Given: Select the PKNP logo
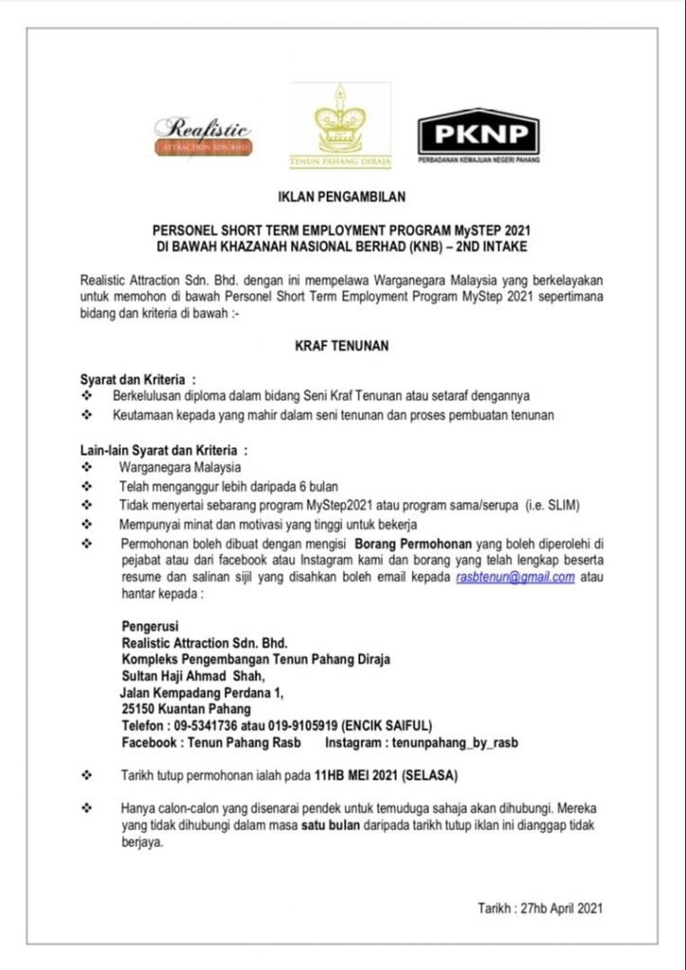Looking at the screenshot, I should tap(478, 134).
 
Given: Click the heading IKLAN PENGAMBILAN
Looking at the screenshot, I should tap(342, 197).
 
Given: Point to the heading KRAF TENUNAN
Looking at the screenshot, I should tap(342, 347).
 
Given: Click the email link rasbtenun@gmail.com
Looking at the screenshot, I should tap(515, 577).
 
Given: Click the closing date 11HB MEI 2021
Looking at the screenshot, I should tap(357, 776).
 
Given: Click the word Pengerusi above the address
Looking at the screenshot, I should tap(151, 625).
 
